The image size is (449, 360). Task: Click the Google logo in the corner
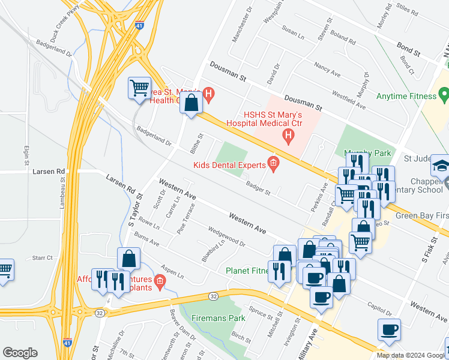click(x=20, y=353)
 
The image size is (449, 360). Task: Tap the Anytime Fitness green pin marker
click(x=444, y=95)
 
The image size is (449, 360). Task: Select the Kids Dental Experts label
click(x=229, y=164)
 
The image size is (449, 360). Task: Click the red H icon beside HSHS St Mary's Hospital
click(x=288, y=137)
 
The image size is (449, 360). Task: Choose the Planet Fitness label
click(x=247, y=271)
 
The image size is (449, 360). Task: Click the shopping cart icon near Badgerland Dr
click(x=139, y=88)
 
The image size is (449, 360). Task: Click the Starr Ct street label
click(x=43, y=257)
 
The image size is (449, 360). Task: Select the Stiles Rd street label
click(x=406, y=9)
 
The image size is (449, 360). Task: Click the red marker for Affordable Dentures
click(x=159, y=280)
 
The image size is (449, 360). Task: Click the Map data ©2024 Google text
click(x=411, y=355)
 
